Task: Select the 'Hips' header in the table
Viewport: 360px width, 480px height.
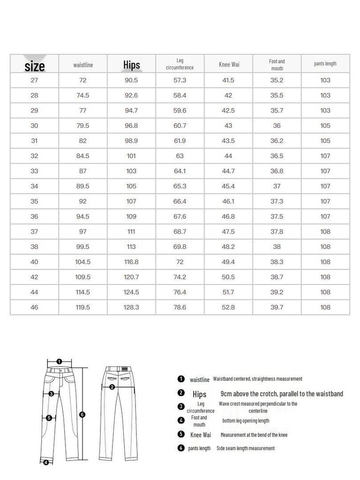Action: coord(132,65)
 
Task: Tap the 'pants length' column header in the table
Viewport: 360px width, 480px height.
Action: coord(325,64)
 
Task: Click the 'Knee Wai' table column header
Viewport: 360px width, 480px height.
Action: coord(229,64)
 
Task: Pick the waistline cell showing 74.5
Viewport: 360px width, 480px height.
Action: coord(83,95)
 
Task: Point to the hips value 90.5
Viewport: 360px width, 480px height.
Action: coord(131,80)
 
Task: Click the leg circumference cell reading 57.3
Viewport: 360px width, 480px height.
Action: coord(180,80)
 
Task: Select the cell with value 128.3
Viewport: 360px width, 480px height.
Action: coord(131,307)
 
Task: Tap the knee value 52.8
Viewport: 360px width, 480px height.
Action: coord(228,307)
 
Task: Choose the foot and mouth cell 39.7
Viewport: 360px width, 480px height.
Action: coord(277,307)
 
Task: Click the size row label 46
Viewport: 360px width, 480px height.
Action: coord(35,307)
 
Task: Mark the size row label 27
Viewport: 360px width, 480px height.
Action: coord(35,80)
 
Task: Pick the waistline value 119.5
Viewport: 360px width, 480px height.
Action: coord(83,307)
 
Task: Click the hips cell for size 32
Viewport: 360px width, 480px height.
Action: coord(131,156)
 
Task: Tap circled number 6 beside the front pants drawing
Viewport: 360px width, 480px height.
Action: coord(82,414)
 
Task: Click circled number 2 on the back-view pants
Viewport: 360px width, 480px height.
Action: coord(112,387)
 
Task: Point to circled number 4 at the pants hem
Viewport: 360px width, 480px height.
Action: coord(46,463)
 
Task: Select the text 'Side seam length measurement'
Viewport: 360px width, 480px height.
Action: coord(246,448)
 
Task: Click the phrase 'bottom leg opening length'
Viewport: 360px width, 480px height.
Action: coord(246,420)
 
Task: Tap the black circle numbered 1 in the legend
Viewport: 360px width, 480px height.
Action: coord(181,379)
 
